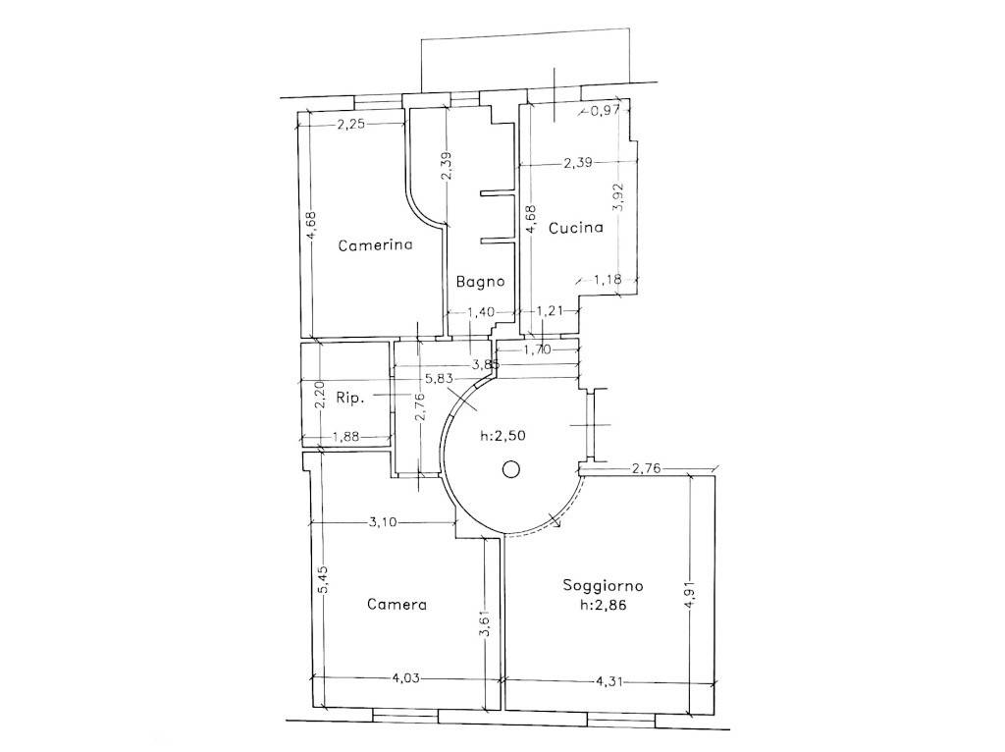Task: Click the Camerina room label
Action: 374,246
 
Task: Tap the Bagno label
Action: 480,281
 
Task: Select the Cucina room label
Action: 575,229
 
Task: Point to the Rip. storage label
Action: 349,399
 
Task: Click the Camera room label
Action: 397,605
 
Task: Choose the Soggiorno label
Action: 603,586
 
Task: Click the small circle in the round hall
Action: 510,469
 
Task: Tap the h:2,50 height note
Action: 501,437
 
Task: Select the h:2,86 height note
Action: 603,606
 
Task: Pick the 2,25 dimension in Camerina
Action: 351,125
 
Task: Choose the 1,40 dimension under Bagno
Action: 480,312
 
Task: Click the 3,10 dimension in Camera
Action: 383,522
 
